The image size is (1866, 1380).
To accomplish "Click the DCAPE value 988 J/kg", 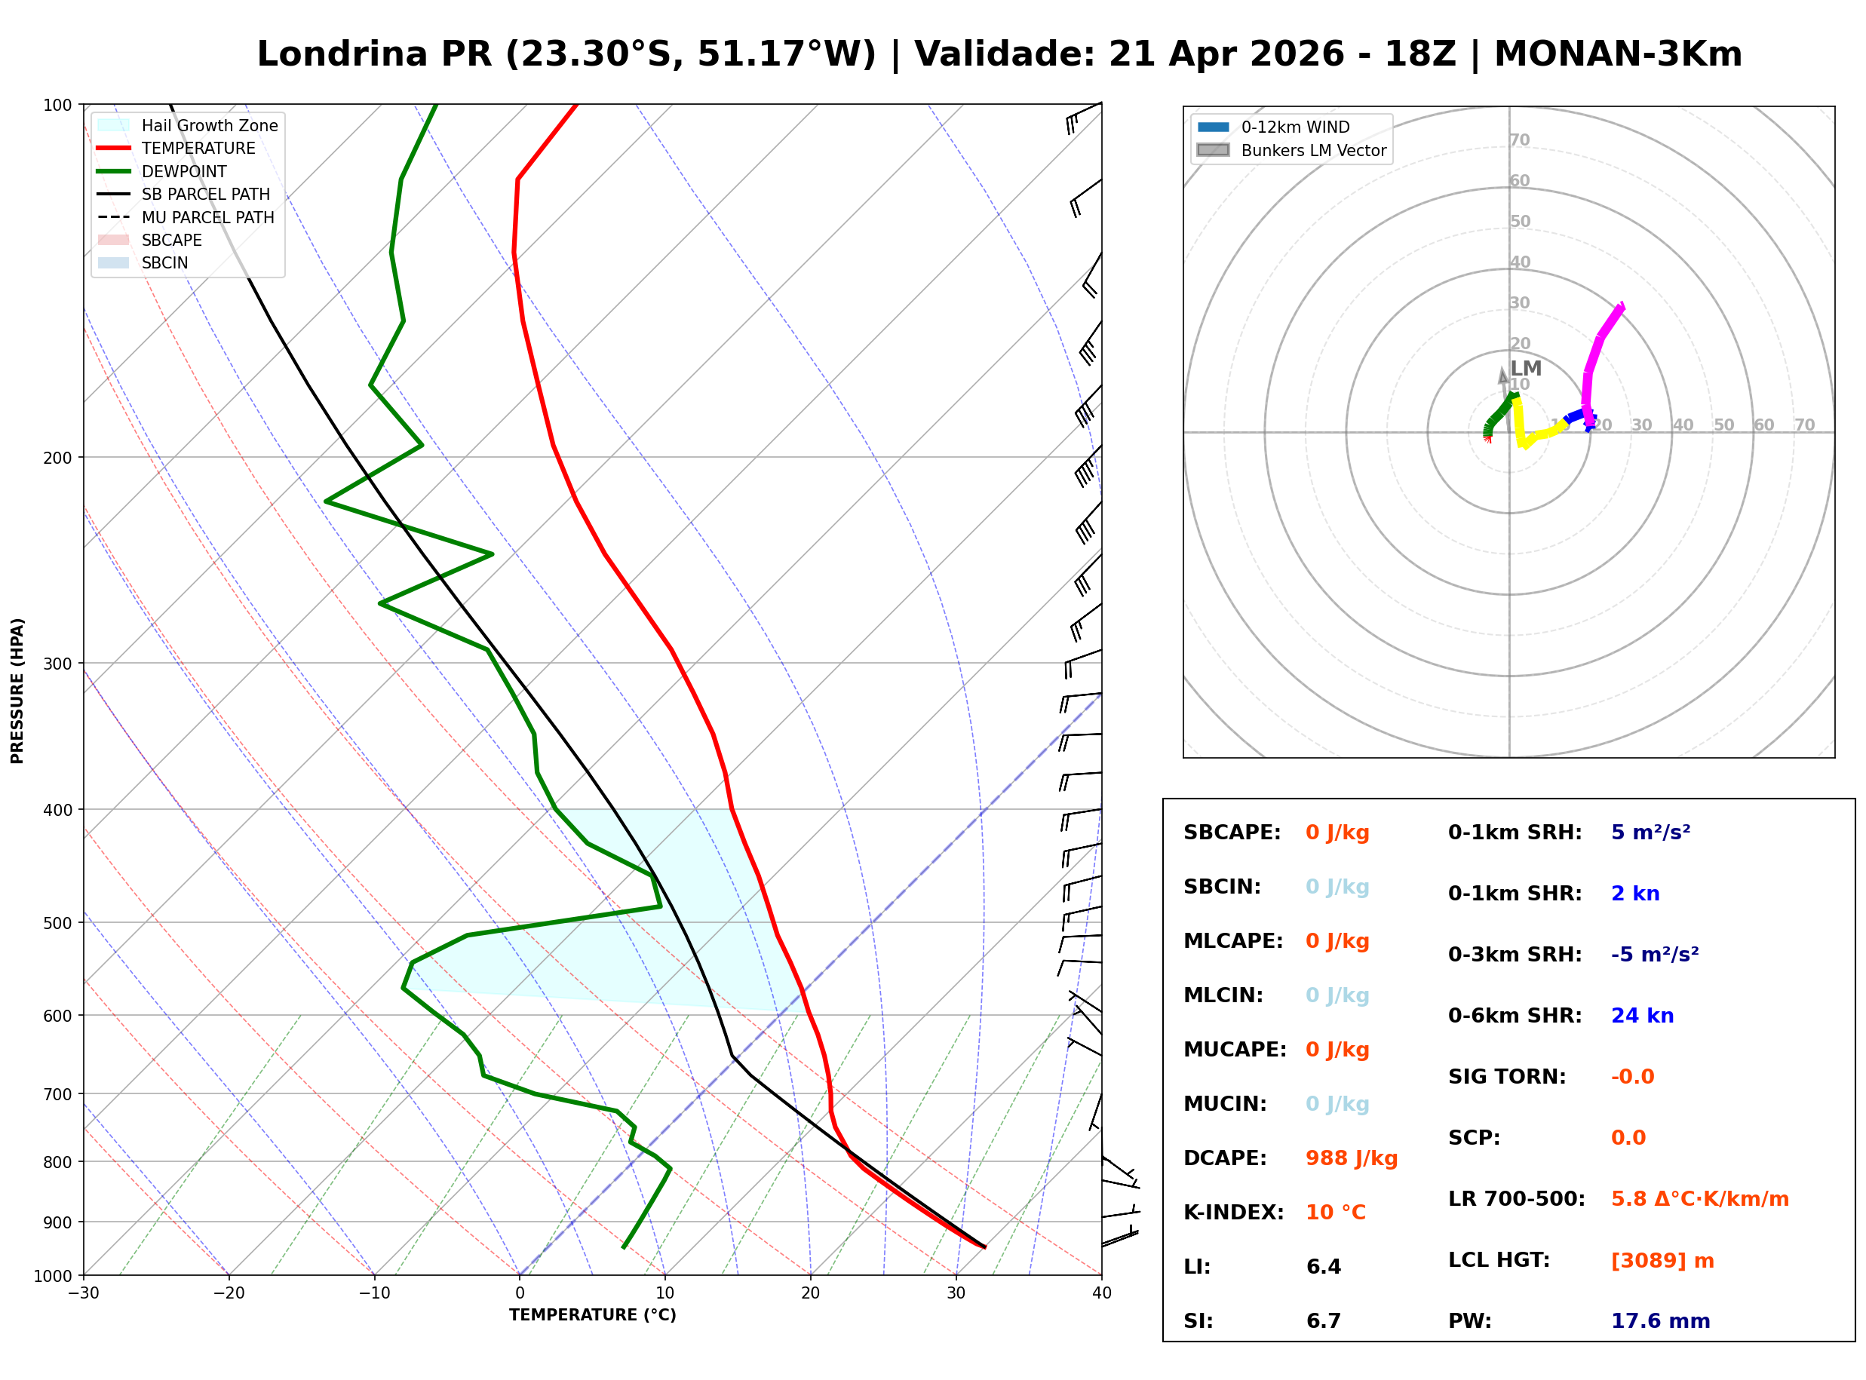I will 1351,1158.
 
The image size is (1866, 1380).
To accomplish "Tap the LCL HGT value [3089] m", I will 1662,1261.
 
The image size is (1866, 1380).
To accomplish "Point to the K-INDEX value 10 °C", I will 1335,1213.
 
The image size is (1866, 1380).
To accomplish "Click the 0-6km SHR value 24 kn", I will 1641,1016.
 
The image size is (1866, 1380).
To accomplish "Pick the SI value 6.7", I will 1323,1321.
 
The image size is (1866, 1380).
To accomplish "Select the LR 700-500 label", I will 1516,1200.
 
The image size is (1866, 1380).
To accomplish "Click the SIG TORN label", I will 1507,1077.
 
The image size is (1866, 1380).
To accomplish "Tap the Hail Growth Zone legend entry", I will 209,125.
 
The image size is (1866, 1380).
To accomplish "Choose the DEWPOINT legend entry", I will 184,171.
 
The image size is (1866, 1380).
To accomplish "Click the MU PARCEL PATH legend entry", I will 207,217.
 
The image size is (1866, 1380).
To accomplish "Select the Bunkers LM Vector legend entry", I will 1313,150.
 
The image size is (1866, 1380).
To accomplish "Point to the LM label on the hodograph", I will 1525,369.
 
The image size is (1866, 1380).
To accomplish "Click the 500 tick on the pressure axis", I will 57,923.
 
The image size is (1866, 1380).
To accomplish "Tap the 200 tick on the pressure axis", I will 57,458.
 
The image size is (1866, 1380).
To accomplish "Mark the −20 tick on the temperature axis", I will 228,1293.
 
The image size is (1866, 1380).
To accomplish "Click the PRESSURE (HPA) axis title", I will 17,691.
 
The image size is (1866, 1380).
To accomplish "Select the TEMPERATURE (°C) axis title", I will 592,1315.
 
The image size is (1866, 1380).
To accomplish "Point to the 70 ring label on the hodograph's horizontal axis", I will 1804,425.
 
